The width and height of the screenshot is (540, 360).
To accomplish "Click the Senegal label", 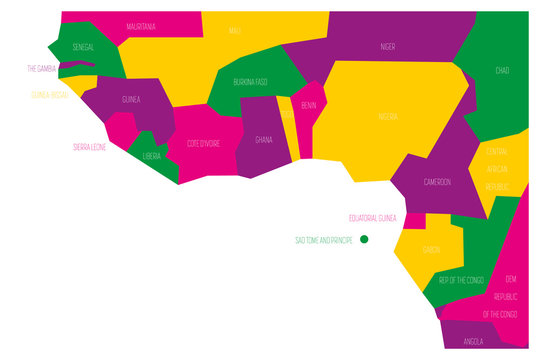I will pyautogui.click(x=84, y=47).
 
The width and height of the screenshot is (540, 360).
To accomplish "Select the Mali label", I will pyautogui.click(x=235, y=32).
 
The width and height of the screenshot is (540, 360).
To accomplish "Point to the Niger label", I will pyautogui.click(x=387, y=46).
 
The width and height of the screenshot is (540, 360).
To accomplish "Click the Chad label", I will pyautogui.click(x=502, y=70).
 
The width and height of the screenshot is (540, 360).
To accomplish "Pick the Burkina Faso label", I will pyautogui.click(x=250, y=81).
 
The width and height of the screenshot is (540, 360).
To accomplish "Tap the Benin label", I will pyautogui.click(x=309, y=104).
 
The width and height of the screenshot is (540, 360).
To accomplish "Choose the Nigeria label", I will pyautogui.click(x=387, y=117).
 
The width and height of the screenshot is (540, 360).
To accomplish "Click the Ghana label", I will pyautogui.click(x=264, y=140).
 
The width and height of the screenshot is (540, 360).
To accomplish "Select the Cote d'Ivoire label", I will pyautogui.click(x=204, y=144).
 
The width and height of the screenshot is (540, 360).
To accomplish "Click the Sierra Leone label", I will pyautogui.click(x=89, y=146).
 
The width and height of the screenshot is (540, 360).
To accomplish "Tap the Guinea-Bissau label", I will pyautogui.click(x=48, y=95).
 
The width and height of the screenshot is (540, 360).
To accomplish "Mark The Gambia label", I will pyautogui.click(x=41, y=68).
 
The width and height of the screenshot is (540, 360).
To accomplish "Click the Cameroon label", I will pyautogui.click(x=437, y=182).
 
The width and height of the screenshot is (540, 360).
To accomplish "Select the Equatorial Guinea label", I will pyautogui.click(x=373, y=217).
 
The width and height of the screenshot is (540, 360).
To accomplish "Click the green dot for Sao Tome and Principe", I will pyautogui.click(x=364, y=239).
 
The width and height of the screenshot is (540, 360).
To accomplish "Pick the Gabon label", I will pyautogui.click(x=432, y=250).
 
